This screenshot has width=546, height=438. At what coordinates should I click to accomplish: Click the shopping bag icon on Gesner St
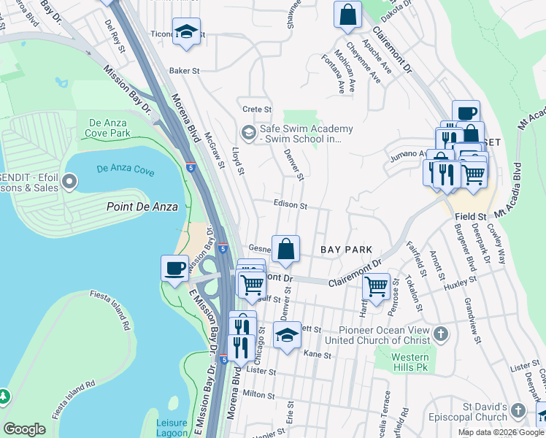pyautogui.click(x=286, y=248)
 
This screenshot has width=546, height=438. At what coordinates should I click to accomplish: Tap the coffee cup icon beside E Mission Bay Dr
pyautogui.click(x=174, y=268)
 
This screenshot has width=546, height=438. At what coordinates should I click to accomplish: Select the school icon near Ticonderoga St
pyautogui.click(x=187, y=31)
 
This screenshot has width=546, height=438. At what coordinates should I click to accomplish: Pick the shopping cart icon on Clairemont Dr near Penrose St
pyautogui.click(x=376, y=286)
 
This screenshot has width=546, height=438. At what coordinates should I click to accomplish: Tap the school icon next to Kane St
pyautogui.click(x=287, y=335)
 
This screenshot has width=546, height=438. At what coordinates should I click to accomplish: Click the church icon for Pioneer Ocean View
pyautogui.click(x=439, y=334)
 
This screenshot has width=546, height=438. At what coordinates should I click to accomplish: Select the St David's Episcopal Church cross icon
pyautogui.click(x=518, y=410)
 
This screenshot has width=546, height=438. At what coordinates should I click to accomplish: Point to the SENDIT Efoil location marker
pyautogui.click(x=70, y=180)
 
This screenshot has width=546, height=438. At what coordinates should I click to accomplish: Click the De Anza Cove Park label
pyautogui.click(x=109, y=128)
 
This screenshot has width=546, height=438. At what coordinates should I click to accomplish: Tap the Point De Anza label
pyautogui.click(x=142, y=207)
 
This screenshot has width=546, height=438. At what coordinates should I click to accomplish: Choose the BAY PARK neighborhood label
pyautogui.click(x=347, y=250)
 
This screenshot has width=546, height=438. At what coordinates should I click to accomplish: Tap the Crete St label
pyautogui.click(x=257, y=109)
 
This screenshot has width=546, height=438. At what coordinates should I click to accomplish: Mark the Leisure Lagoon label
pyautogui.click(x=177, y=427)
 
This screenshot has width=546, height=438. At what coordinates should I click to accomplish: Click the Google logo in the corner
pyautogui.click(x=24, y=429)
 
